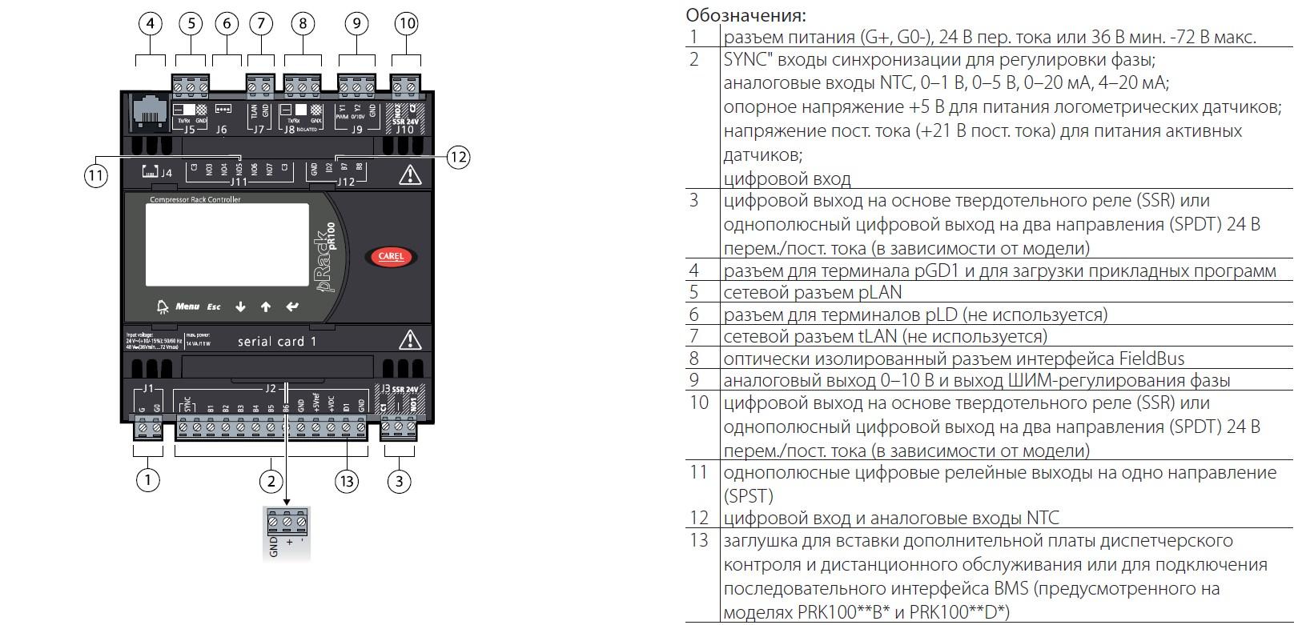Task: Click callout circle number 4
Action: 150,23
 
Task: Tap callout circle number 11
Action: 95,176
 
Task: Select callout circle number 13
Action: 346,480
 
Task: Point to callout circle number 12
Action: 457,157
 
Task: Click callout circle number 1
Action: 147,480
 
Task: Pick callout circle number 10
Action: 407,23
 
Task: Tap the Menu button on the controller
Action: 187,306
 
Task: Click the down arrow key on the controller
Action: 240,306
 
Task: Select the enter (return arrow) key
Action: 292,306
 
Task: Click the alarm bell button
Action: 163,306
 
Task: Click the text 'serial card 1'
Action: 277,342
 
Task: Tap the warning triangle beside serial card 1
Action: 410,340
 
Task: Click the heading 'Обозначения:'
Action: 746,15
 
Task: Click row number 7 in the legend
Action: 694,336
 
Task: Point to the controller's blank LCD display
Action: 227,244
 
